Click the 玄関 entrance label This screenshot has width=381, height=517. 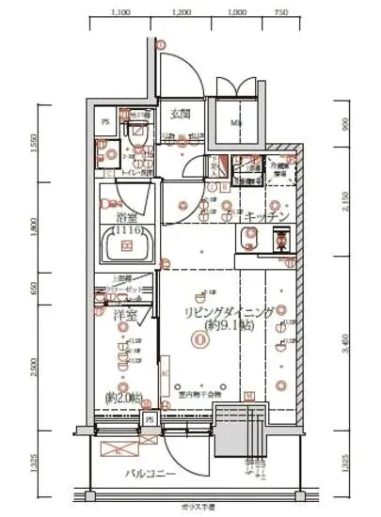(x=182, y=114)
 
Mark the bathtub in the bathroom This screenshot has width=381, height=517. (x=123, y=250)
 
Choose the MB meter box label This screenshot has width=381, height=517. (x=234, y=122)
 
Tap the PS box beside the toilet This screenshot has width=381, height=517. (x=104, y=120)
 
